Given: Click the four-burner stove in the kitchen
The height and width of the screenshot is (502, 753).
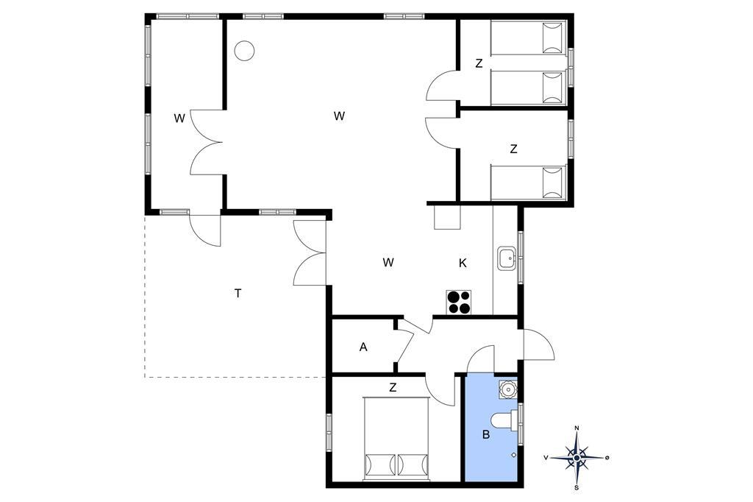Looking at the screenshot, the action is (459, 303).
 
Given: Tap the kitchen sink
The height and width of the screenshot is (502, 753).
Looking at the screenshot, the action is (507, 258).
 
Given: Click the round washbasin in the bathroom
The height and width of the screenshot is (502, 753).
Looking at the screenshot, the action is (507, 389).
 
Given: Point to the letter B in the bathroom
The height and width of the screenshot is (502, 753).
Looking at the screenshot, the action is (486, 435).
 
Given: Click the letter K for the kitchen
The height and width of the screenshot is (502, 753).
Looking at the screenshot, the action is (463, 263).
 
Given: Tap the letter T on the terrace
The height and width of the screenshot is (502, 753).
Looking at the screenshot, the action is (238, 293).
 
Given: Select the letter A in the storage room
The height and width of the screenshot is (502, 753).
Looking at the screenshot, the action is (363, 347).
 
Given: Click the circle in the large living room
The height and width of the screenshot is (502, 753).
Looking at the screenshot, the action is (244, 51).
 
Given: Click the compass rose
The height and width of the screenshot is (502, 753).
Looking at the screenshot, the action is (577, 457).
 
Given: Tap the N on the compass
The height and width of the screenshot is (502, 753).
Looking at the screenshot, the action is (577, 428).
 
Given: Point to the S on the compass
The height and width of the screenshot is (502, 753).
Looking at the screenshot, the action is (577, 488).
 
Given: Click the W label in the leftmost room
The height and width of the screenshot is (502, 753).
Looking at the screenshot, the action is (179, 119).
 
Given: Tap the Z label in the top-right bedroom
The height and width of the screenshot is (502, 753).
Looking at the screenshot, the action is (478, 63).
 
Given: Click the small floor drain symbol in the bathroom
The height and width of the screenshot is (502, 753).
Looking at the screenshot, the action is (513, 454).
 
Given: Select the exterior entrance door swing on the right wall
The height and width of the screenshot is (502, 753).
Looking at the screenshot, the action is (538, 344).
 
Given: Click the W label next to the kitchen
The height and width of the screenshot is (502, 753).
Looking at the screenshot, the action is (388, 263).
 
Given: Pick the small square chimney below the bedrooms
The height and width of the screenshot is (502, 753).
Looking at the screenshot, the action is (447, 217).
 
